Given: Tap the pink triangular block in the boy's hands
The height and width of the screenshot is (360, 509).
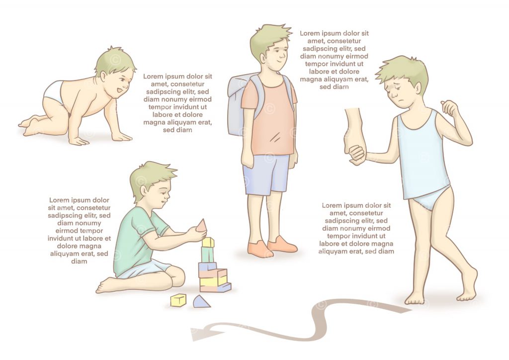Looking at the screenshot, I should pyautogui.click(x=201, y=226).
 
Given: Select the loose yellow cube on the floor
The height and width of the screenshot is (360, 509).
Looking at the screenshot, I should pyautogui.click(x=178, y=300).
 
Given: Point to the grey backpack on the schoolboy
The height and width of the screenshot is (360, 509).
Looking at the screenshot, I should pyautogui.click(x=237, y=104).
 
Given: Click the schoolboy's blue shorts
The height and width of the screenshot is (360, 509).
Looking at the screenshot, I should pyautogui.click(x=265, y=174).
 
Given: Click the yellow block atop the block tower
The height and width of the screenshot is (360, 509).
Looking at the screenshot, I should pyautogui.click(x=208, y=242).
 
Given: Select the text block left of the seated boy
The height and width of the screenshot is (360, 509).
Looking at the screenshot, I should pyautogui.click(x=80, y=230).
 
